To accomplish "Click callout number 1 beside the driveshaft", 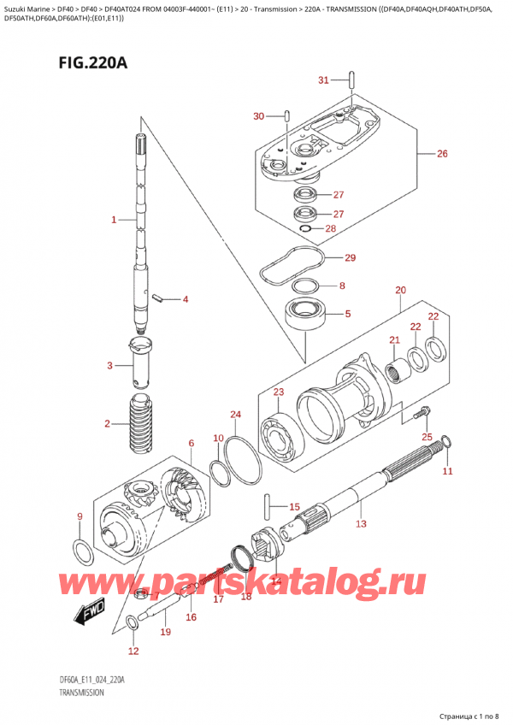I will coord(113,221).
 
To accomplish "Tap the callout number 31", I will coord(323,80).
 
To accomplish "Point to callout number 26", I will coord(442,154).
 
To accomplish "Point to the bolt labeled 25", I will coord(419,416).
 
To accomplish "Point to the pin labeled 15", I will coord(269,505).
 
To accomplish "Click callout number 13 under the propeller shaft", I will coord(361,523).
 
